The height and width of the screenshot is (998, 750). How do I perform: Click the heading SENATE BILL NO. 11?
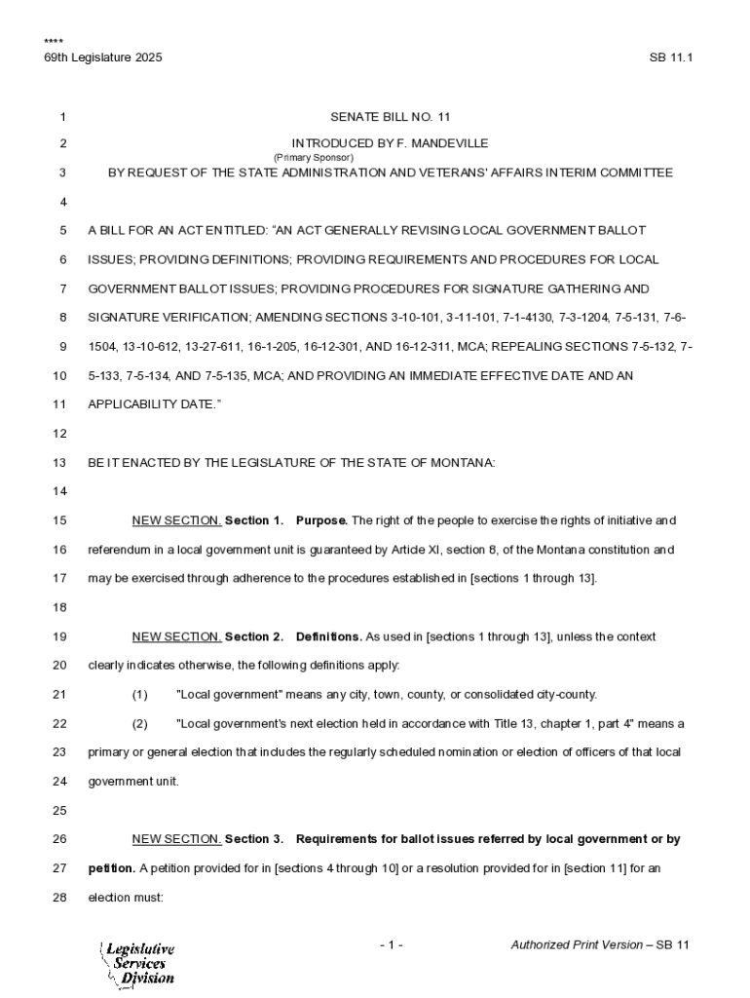390,117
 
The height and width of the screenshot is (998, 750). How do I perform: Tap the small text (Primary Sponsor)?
313,157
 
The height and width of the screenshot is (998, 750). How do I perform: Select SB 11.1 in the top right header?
670,58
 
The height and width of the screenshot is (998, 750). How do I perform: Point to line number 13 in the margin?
58,463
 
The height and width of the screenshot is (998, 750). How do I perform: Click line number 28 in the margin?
58,898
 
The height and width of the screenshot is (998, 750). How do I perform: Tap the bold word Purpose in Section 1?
320,520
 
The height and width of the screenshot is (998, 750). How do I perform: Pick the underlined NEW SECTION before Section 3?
176,839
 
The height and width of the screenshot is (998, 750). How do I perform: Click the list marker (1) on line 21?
139,695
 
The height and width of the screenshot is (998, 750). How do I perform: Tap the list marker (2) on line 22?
139,724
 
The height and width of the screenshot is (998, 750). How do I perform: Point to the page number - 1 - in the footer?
392,945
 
